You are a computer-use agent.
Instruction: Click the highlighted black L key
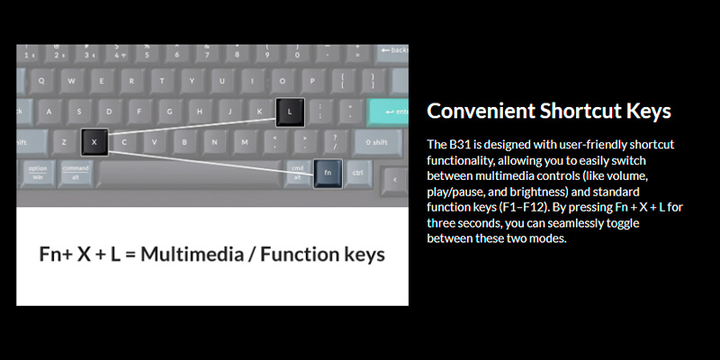point(290,112)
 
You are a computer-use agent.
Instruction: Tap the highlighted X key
point(94,142)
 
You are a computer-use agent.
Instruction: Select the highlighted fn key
point(328,174)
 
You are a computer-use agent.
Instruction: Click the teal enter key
point(389,112)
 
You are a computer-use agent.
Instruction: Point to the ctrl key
point(357,173)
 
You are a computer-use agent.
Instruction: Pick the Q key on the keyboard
point(41,81)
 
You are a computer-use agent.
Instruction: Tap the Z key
point(64,142)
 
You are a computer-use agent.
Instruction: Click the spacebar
point(189,174)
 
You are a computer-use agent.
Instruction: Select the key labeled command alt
point(76,173)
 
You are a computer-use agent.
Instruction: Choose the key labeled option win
point(38,173)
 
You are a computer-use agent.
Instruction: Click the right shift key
point(377,142)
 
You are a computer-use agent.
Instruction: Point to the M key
point(245,142)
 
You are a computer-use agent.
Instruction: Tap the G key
point(169,112)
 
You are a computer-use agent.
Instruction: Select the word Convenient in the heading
point(481,111)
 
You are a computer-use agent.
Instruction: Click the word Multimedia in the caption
point(192,255)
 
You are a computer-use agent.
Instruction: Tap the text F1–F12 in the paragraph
point(523,207)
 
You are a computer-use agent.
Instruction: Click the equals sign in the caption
point(130,255)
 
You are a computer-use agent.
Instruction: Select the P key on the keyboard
point(312,81)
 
